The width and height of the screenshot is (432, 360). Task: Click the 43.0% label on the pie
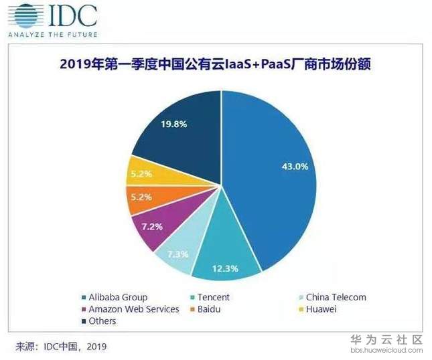point(295,167)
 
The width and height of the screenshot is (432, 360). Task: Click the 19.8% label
point(155,123)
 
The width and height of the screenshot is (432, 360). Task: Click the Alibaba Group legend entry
point(118,297)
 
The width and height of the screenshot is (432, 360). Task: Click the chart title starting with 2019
point(216,65)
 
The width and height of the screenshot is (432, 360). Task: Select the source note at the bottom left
point(61,346)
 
